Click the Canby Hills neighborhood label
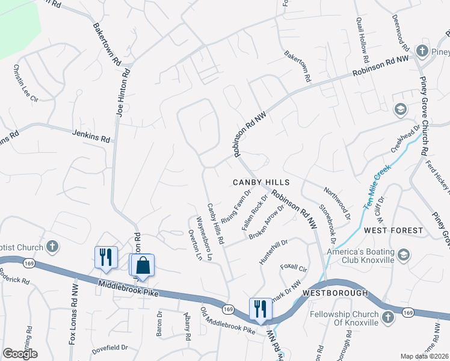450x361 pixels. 262,182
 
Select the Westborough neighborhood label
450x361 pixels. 335,292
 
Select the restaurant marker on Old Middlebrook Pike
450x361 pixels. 260,309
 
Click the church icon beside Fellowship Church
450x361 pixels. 388,316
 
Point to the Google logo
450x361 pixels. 20,354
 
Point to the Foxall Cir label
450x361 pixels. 294,269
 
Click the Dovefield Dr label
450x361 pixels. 107,347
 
